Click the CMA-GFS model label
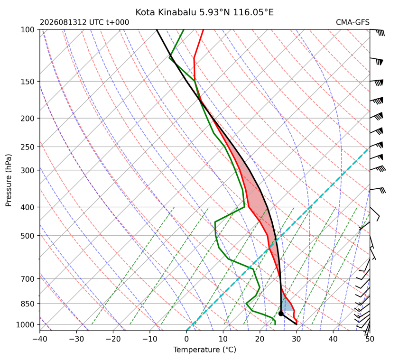[x=352, y=22]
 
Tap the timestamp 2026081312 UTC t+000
[x=84, y=22]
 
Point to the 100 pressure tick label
[x=28, y=30]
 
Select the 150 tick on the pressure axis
[x=28, y=82]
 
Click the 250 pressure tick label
[x=28, y=147]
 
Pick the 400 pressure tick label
[x=28, y=207]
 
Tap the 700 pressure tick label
[x=28, y=279]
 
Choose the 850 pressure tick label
[x=28, y=304]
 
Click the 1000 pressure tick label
[x=26, y=324]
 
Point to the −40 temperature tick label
[x=40, y=339]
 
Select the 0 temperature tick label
[x=186, y=339]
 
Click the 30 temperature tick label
[x=297, y=339]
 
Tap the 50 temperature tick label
[x=370, y=339]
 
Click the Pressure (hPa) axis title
[x=9, y=180]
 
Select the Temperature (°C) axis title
[x=205, y=350]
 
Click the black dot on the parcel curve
[x=281, y=314]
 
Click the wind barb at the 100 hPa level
[x=377, y=32]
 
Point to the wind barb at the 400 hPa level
[x=375, y=214]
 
